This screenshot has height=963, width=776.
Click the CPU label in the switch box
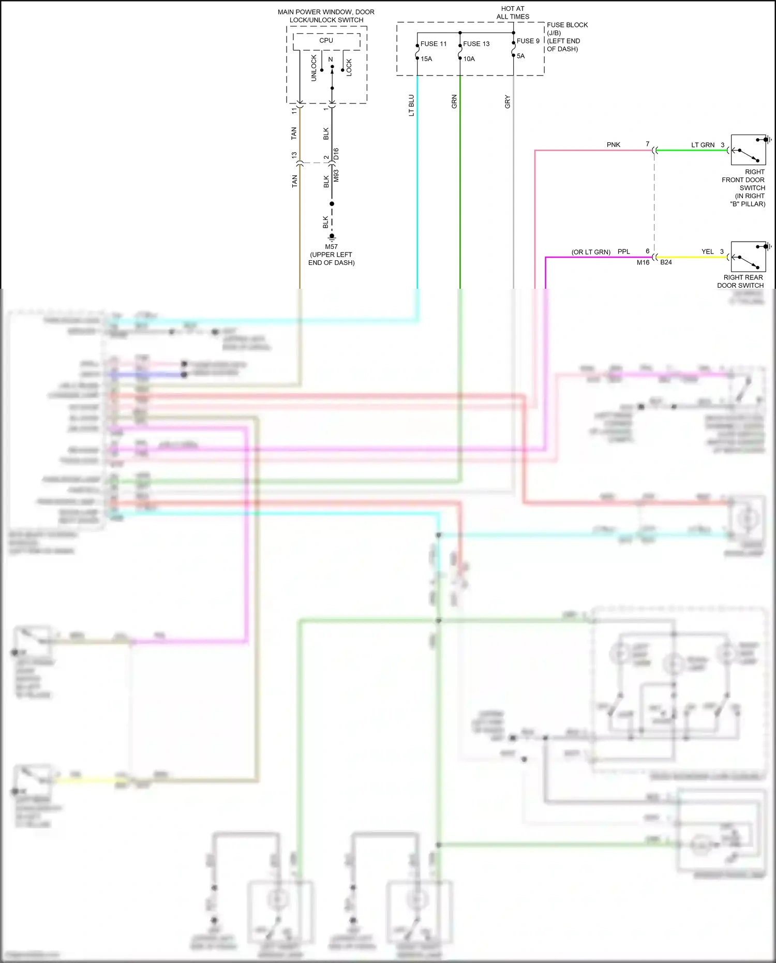point(326,40)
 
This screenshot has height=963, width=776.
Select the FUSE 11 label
point(433,44)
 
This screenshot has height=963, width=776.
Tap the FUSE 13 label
point(476,44)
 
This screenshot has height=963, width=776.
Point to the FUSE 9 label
point(528,41)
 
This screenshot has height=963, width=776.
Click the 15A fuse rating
point(426,59)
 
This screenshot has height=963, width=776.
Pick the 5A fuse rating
point(520,56)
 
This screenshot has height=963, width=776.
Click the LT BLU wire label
point(412,105)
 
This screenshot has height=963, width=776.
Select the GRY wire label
point(508,102)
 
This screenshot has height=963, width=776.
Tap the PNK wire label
point(613,145)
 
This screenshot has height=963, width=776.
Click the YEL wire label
point(707,251)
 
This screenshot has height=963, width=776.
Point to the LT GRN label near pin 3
point(703,145)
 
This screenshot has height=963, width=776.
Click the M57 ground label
point(331,247)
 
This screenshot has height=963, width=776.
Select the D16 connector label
point(336,154)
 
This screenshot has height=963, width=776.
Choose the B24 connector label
point(666,262)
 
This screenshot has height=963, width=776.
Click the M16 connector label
point(643,262)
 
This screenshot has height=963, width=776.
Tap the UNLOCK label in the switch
point(314,68)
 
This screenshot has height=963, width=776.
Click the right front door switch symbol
point(748,150)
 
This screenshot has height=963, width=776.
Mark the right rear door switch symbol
point(748,257)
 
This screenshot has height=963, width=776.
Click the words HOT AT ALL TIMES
point(513,12)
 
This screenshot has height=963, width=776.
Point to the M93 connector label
point(336,176)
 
